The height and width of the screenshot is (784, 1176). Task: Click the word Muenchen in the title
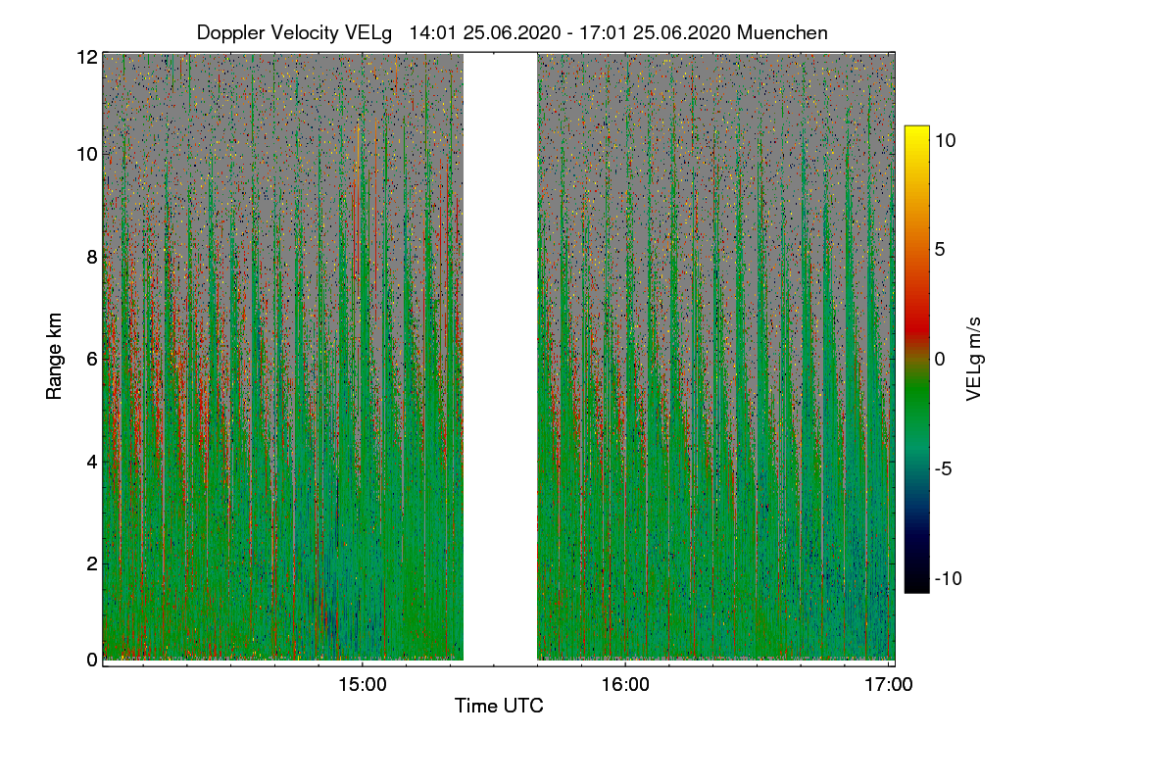pyautogui.click(x=782, y=32)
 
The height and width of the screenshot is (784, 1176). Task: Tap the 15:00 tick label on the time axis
pyautogui.click(x=363, y=686)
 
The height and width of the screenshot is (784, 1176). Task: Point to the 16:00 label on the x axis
pyautogui.click(x=625, y=686)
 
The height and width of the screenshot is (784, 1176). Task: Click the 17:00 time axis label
pyautogui.click(x=888, y=686)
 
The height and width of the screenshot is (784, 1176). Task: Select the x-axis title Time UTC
pyautogui.click(x=499, y=706)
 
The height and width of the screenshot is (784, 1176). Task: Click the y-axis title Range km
pyautogui.click(x=56, y=358)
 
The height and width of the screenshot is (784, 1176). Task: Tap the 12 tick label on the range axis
pyautogui.click(x=87, y=57)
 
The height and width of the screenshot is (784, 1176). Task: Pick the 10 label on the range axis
pyautogui.click(x=87, y=154)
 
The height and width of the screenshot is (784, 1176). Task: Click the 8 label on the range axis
pyautogui.click(x=91, y=257)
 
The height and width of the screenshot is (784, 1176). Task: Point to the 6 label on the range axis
pyautogui.click(x=91, y=359)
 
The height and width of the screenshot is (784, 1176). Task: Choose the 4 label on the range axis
pyautogui.click(x=91, y=461)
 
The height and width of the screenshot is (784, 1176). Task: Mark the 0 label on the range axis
pyautogui.click(x=91, y=660)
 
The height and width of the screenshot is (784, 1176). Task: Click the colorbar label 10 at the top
pyautogui.click(x=946, y=140)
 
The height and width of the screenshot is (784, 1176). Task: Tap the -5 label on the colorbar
pyautogui.click(x=946, y=468)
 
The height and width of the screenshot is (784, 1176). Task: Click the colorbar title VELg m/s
pyautogui.click(x=973, y=358)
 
